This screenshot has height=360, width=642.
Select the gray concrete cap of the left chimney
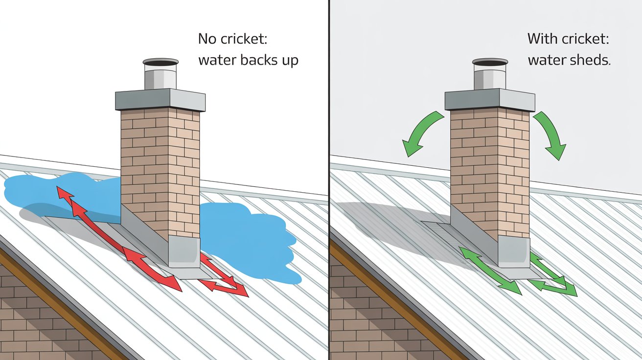coord(160,100)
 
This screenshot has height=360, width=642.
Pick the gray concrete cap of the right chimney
coord(490,100)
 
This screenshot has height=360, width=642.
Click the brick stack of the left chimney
coord(160,166)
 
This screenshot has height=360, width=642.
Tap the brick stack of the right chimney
coord(490,166)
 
